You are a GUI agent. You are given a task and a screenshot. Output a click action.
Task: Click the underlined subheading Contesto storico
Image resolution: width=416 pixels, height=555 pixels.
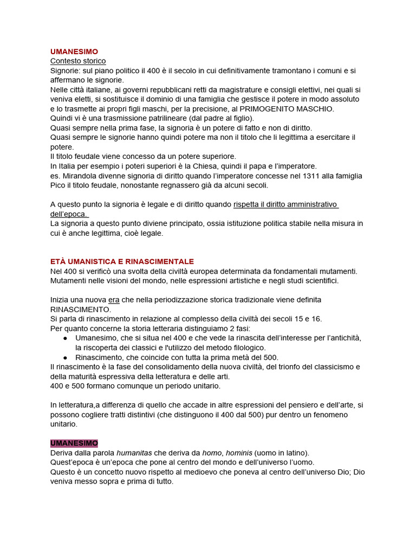tap(78, 61)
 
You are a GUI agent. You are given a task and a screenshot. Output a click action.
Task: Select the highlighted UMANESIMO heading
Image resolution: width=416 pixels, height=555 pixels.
tap(74, 443)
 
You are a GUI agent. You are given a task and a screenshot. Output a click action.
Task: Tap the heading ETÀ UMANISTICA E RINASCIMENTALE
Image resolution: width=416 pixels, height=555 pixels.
tap(122, 261)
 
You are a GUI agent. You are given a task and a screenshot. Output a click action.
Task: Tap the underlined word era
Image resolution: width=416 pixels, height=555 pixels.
tap(114, 300)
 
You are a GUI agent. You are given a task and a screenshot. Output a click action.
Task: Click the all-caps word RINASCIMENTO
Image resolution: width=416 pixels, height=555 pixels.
tap(80, 309)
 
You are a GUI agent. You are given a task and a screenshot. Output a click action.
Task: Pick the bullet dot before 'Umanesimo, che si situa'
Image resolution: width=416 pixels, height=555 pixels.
tap(65, 338)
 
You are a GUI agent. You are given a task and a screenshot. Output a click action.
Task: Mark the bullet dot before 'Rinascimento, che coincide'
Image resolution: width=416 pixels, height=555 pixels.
tap(65, 357)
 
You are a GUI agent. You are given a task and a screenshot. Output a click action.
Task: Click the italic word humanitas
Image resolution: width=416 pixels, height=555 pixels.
tap(134, 453)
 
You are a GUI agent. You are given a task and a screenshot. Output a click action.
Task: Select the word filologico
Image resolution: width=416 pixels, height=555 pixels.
tap(246, 347)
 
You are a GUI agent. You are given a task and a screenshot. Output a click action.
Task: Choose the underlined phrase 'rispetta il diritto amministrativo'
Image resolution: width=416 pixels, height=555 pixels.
tap(285, 204)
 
